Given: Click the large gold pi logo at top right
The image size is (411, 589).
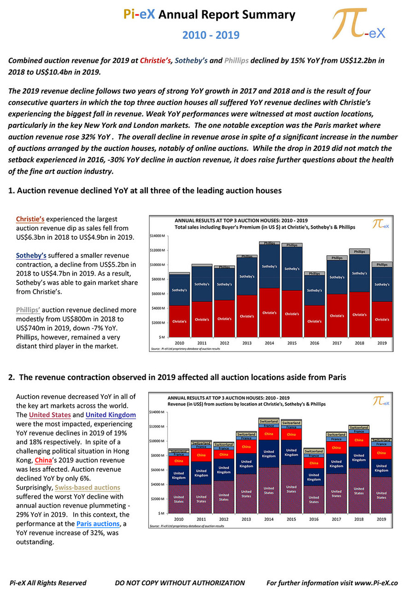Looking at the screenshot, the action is (x=358, y=23).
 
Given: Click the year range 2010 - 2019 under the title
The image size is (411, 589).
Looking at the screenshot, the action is (x=211, y=35).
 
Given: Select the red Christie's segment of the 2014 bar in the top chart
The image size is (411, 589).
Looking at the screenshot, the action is (x=270, y=312).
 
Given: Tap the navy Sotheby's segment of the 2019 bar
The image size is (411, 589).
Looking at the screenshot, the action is (x=382, y=284).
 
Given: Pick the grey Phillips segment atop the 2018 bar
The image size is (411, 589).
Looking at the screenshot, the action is (x=359, y=252).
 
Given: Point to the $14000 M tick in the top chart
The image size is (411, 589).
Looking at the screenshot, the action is (x=158, y=236).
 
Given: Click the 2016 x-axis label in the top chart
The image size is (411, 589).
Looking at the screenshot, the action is (x=314, y=343).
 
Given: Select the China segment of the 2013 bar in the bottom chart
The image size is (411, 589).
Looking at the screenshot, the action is (x=246, y=446).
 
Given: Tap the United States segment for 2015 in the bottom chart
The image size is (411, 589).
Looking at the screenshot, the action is (x=291, y=489).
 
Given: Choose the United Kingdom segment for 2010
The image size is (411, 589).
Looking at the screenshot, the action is (x=179, y=475).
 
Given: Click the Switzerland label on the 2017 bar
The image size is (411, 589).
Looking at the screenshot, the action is (x=336, y=434).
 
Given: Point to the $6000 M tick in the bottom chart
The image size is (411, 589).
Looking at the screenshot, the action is (x=157, y=470).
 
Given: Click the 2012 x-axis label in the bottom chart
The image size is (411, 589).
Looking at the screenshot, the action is (x=224, y=520).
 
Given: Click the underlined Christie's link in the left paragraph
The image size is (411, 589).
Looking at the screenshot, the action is (x=30, y=219).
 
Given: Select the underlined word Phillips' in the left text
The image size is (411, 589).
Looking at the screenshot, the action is (x=28, y=310).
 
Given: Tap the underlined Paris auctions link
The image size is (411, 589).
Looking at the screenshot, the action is (x=98, y=524).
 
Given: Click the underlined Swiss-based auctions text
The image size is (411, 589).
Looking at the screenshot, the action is (x=88, y=487).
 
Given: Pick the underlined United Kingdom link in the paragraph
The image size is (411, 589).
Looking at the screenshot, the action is (x=111, y=415).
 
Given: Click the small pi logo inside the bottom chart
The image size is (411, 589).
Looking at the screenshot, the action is (x=381, y=401).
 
